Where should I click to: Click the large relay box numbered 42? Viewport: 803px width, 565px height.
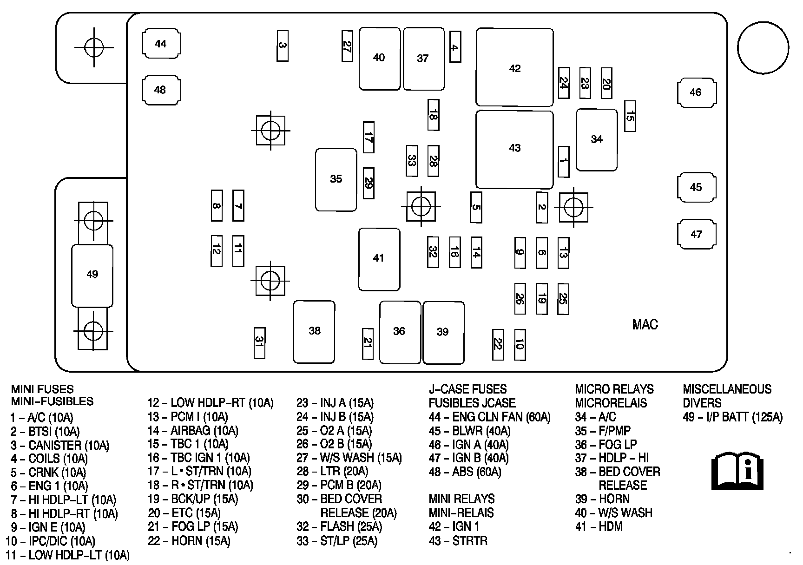click(x=514, y=68)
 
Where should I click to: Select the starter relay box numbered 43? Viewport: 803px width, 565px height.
click(x=514, y=148)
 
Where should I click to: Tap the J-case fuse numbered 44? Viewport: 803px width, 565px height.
click(x=161, y=44)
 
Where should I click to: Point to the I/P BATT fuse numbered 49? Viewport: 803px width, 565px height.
click(x=92, y=275)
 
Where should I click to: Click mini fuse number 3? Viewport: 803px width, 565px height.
click(x=282, y=46)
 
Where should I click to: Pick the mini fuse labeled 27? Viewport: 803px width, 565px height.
click(x=347, y=46)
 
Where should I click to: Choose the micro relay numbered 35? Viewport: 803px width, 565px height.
click(x=336, y=179)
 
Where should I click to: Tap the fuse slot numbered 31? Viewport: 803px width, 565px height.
click(x=259, y=343)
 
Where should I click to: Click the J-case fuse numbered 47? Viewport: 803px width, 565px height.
click(x=696, y=234)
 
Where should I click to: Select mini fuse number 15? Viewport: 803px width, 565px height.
click(x=630, y=116)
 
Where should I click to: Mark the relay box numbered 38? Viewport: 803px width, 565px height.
click(x=314, y=331)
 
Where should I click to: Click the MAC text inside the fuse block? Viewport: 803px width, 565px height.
click(x=645, y=324)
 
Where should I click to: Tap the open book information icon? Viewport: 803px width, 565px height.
click(x=737, y=470)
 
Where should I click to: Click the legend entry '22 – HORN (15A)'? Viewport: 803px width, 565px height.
click(x=189, y=541)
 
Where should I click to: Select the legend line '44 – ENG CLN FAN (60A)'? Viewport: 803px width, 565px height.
click(x=489, y=417)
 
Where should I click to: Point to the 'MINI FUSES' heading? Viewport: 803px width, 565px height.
click(x=42, y=389)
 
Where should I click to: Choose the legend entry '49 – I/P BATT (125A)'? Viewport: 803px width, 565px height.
click(x=733, y=417)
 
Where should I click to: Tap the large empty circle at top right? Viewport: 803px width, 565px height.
click(x=763, y=48)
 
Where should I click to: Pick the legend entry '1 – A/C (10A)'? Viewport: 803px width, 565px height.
click(x=42, y=417)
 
